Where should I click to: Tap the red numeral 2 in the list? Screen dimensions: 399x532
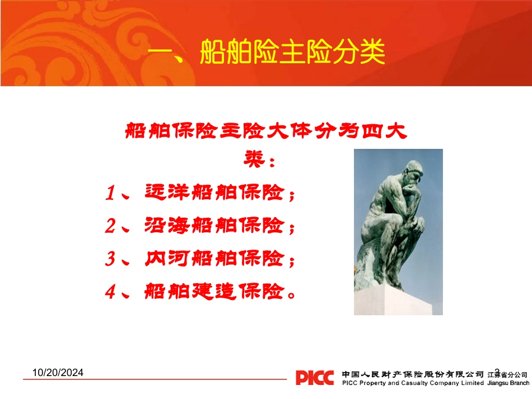[x=110, y=227]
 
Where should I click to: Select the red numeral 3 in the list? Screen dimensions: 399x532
[x=110, y=259]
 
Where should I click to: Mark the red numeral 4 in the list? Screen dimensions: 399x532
[x=110, y=292]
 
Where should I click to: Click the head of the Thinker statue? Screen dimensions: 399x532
[x=415, y=171]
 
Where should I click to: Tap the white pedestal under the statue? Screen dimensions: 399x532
[x=398, y=302]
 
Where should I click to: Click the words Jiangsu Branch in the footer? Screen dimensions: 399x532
[x=508, y=383]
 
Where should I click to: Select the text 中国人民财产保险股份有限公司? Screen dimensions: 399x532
[x=412, y=373]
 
